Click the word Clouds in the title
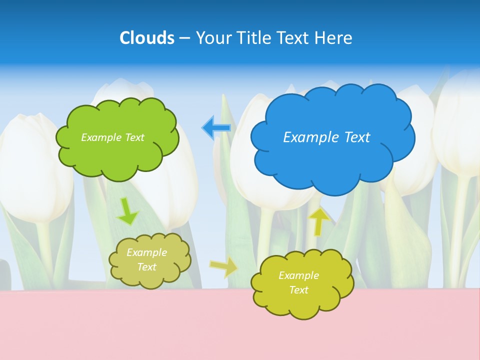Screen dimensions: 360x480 147,38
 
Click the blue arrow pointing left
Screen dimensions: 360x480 216,128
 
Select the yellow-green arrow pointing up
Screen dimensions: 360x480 319,220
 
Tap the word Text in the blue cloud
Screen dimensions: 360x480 355,137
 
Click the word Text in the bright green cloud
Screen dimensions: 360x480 134,137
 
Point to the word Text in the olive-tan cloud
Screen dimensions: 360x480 147,267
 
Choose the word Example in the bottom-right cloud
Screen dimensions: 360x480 298,275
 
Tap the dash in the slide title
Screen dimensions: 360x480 184,38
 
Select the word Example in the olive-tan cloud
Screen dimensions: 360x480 147,252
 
